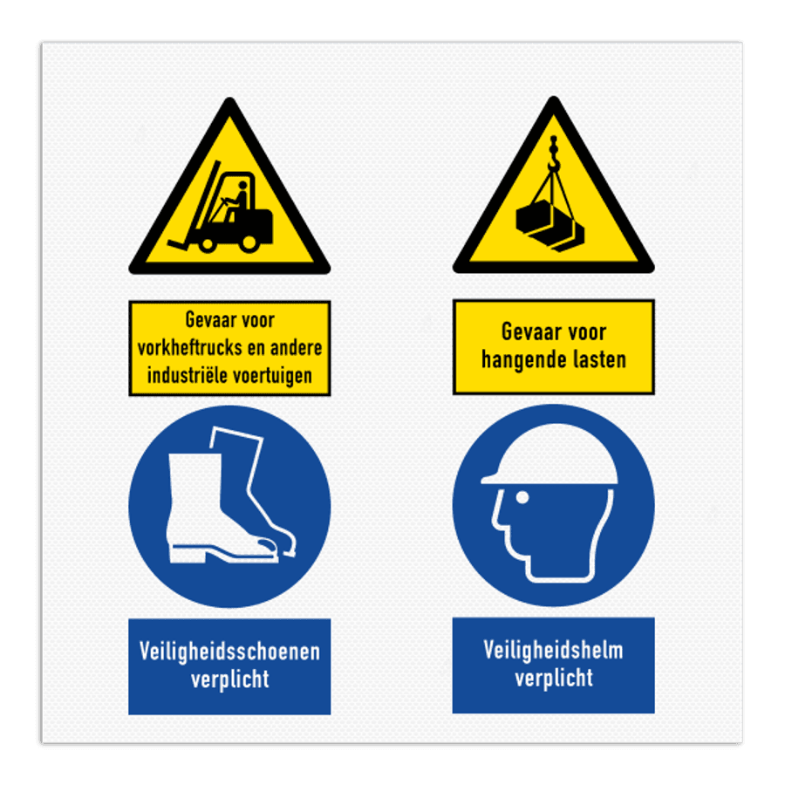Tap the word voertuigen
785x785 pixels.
point(280,376)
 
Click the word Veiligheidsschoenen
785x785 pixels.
point(229,652)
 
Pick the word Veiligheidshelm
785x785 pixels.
point(553,650)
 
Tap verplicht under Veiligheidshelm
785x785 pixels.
point(553,678)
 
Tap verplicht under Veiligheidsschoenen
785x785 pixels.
point(229,679)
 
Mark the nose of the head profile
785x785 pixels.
point(495,525)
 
